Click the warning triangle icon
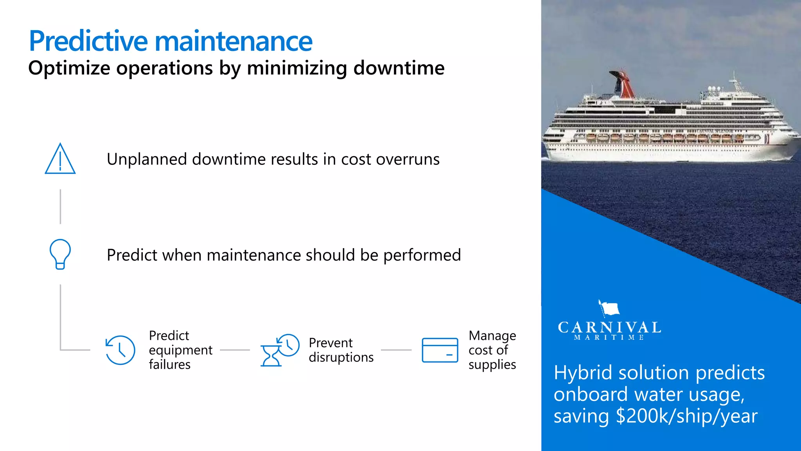point(60,159)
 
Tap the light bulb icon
point(60,254)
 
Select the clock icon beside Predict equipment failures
point(120,350)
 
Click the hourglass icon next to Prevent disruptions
point(271,355)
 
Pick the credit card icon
point(440,350)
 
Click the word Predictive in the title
point(88,41)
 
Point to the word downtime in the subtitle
point(399,68)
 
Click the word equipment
point(180,350)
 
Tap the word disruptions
point(341,357)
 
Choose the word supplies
point(492,365)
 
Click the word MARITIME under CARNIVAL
point(609,337)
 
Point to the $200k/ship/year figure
point(686,416)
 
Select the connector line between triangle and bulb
point(60,207)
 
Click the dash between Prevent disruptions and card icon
point(396,350)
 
